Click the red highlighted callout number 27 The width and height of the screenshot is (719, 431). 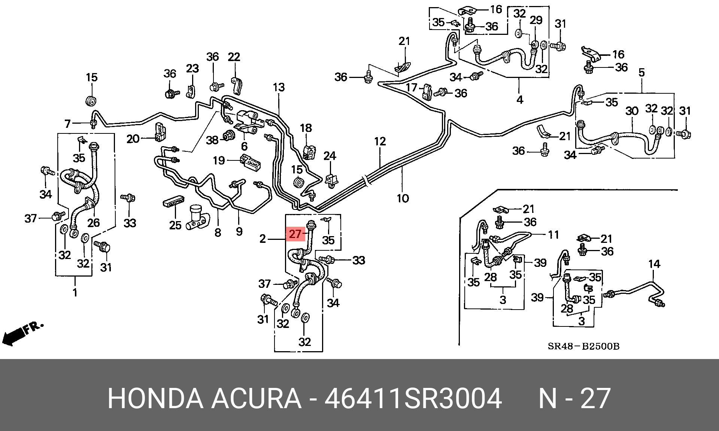pyautogui.click(x=295, y=234)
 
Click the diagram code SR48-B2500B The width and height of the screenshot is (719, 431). pyautogui.click(x=583, y=346)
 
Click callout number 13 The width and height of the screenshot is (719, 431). pyautogui.click(x=279, y=87)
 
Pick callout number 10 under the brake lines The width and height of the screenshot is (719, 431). pyautogui.click(x=403, y=198)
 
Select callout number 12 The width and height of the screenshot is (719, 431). pyautogui.click(x=380, y=142)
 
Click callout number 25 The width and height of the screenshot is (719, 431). pyautogui.click(x=175, y=225)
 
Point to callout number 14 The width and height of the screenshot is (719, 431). pyautogui.click(x=654, y=264)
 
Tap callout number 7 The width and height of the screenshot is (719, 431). pyautogui.click(x=67, y=123)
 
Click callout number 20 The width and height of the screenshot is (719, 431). pyautogui.click(x=133, y=139)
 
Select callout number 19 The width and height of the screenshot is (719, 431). pyautogui.click(x=219, y=160)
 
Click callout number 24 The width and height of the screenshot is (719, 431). pyautogui.click(x=330, y=156)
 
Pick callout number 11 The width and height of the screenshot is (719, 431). pyautogui.click(x=553, y=235)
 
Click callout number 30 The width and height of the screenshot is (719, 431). pyautogui.click(x=632, y=111)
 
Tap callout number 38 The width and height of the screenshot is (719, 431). pyautogui.click(x=212, y=140)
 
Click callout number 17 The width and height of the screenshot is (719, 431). pyautogui.click(x=411, y=88)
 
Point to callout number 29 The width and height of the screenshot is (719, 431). pyautogui.click(x=536, y=20)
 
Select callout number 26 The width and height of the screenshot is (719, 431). pyautogui.click(x=93, y=223)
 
